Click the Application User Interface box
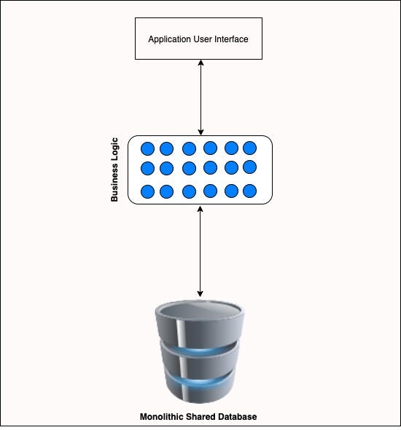[x=198, y=38]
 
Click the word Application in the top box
[x=167, y=39]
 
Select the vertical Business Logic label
[x=114, y=170]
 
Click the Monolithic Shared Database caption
[x=198, y=417]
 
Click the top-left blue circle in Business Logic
[x=147, y=148]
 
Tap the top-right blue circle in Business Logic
[x=249, y=148]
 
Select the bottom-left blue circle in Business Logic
[x=147, y=191]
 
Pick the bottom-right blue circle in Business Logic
[x=249, y=191]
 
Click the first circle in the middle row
[x=147, y=169]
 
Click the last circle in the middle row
[x=249, y=167]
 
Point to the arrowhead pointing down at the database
[x=200, y=293]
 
